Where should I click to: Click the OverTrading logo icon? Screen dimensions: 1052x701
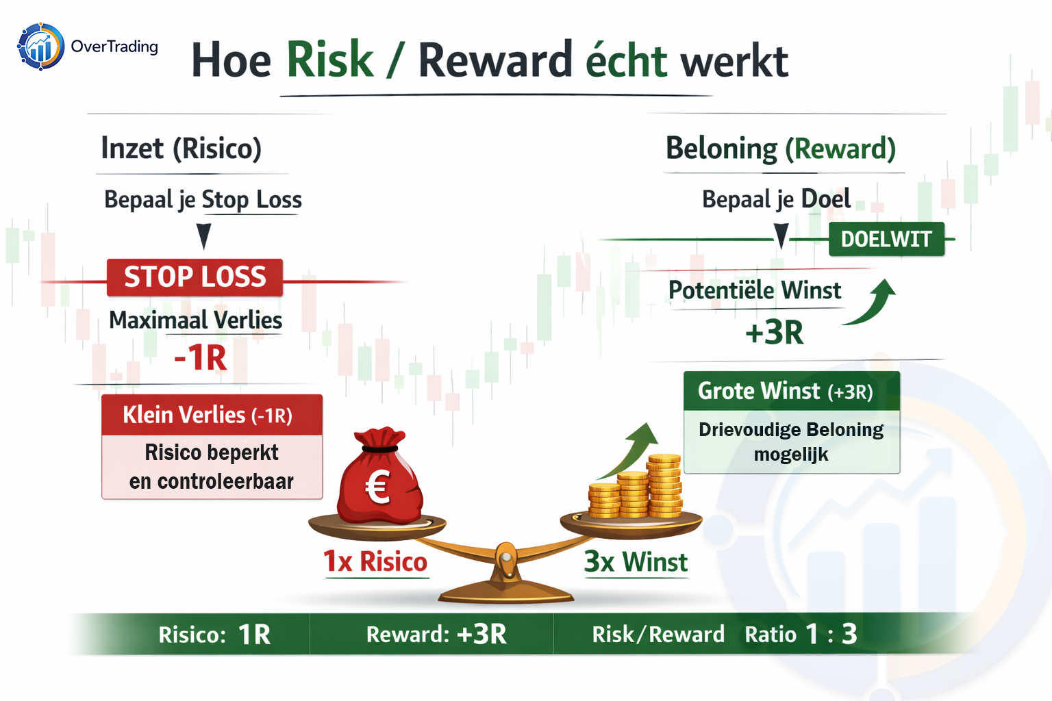point(41,47)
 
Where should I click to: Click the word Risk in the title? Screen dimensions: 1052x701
point(329,60)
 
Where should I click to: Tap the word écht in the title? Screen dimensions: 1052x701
point(626,60)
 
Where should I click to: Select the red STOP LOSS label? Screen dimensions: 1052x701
point(195,277)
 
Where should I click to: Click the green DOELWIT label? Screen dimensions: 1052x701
point(886,239)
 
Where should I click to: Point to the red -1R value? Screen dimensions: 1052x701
point(201,358)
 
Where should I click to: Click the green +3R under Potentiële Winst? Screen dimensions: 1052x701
point(774,333)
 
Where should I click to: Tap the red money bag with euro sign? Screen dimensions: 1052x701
point(379,475)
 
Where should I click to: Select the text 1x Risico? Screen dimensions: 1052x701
point(375,561)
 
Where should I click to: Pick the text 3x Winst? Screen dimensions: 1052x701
point(636,561)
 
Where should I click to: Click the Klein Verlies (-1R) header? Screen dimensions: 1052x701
point(212,415)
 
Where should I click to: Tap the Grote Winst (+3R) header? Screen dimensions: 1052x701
point(791,391)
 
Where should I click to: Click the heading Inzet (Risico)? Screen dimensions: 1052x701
point(181,149)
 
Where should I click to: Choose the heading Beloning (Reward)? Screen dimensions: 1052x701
point(781,149)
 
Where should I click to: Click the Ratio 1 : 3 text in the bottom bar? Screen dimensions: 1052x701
point(801,635)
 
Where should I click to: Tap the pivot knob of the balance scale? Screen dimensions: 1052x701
point(506,557)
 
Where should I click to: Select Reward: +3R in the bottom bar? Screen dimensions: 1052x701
point(436,635)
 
